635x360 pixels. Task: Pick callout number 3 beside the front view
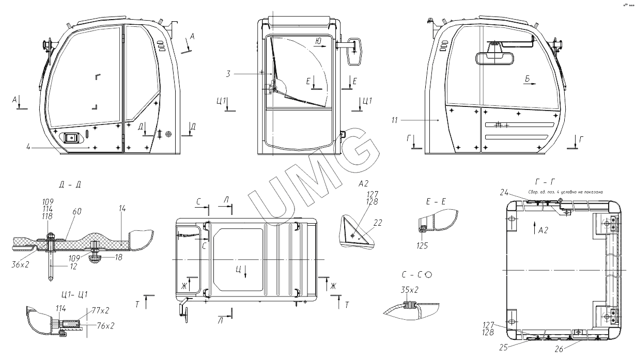[228, 74]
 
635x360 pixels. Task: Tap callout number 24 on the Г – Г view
[504, 193]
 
